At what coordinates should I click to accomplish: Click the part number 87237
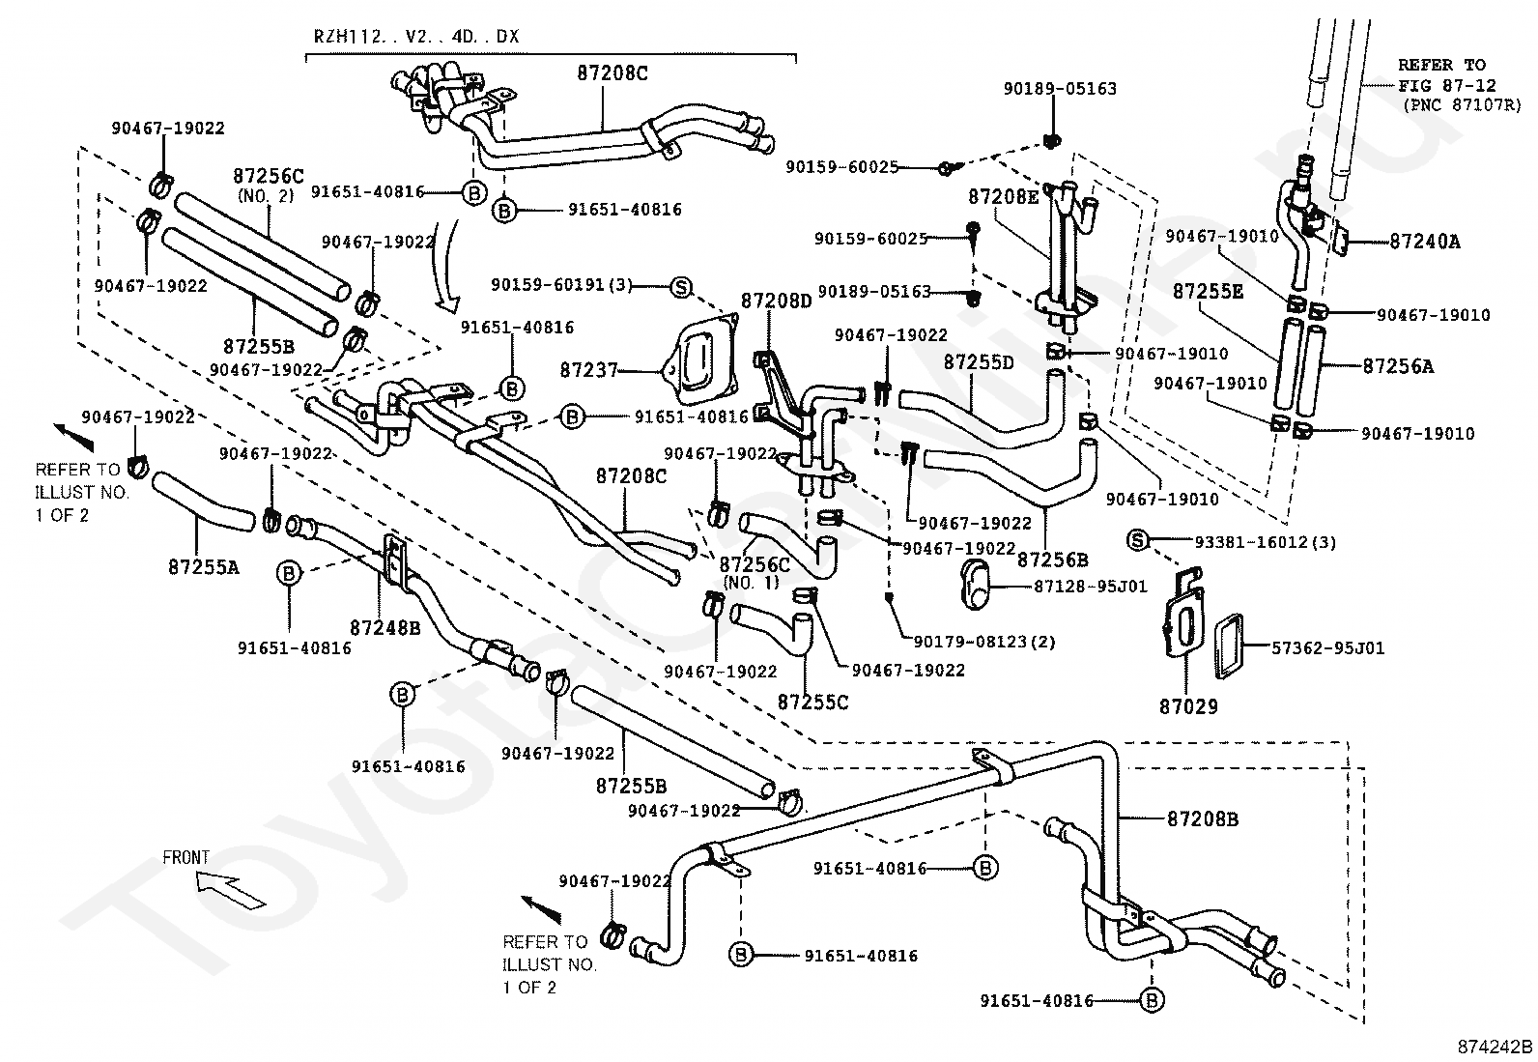588,370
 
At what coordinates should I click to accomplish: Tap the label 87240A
1425,242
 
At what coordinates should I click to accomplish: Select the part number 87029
1188,706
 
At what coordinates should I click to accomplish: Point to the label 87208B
1202,818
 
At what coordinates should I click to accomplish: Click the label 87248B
384,628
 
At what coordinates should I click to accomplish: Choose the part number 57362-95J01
1327,647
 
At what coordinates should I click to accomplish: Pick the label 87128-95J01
1091,587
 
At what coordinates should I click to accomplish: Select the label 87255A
203,567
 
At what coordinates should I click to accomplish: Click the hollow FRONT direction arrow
229,889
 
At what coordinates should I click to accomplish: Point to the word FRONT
185,857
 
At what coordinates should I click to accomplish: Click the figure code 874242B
1495,1047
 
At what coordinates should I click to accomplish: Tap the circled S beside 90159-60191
680,286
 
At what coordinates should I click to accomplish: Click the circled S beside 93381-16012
1138,540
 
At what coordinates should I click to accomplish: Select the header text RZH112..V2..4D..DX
416,37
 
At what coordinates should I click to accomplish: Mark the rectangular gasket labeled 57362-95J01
1229,646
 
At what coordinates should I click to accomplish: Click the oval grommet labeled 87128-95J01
975,584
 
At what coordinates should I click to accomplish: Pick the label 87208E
1003,197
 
